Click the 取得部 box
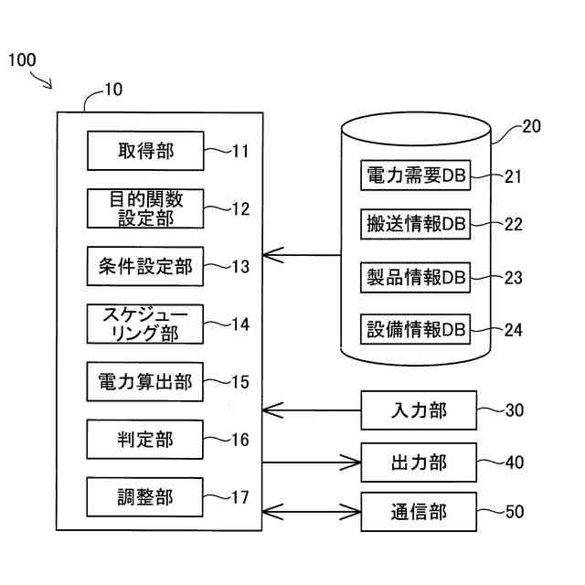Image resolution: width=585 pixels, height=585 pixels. [145, 151]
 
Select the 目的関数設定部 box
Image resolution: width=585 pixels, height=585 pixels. [145, 208]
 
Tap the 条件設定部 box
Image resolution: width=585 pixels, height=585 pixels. [145, 266]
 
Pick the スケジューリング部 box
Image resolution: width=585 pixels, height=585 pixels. [145, 324]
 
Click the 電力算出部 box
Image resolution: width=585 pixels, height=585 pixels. [145, 381]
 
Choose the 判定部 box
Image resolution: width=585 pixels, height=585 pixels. [145, 440]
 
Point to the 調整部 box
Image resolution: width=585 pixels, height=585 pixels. [145, 497]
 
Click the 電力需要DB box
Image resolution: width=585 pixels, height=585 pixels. [416, 176]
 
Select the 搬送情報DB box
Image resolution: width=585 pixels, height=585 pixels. [416, 225]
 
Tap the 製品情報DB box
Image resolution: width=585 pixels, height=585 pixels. [416, 276]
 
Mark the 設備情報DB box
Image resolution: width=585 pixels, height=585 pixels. [416, 328]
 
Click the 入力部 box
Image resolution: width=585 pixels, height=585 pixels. [419, 410]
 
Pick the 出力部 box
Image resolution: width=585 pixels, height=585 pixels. [419, 462]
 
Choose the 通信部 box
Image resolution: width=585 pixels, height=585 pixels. [419, 511]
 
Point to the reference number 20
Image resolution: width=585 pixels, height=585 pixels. [531, 127]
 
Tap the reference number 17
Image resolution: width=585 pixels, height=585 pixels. [239, 498]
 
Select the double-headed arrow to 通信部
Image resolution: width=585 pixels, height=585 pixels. [312, 511]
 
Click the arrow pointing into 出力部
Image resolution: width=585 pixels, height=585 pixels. [312, 462]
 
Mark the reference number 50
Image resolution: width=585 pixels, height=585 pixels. [515, 512]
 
